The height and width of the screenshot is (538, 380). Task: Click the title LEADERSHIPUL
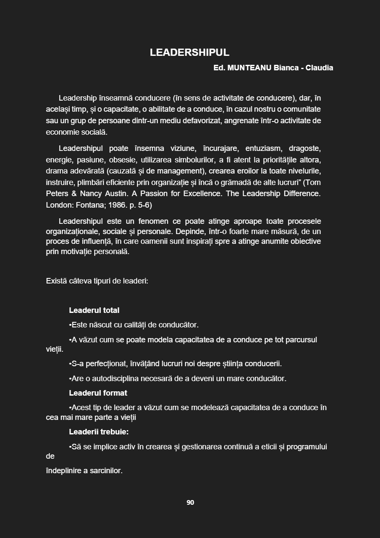click(x=190, y=52)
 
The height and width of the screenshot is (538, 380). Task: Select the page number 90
click(x=190, y=503)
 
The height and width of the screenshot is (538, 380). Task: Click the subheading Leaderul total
click(x=94, y=310)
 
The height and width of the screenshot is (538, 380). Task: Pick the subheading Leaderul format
click(x=98, y=393)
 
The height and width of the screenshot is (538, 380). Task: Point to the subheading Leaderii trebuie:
click(x=99, y=432)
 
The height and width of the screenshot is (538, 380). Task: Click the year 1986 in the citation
click(x=123, y=205)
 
